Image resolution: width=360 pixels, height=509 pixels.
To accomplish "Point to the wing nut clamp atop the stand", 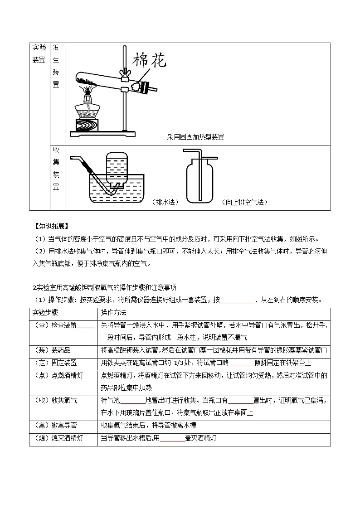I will pyautogui.click(x=122, y=72).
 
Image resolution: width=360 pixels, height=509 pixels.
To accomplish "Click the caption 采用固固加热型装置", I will pyautogui.click(x=195, y=137).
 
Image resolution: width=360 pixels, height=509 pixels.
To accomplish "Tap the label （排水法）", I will pyautogui.click(x=165, y=202).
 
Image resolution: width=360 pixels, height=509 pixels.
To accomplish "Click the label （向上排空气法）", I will pyautogui.click(x=244, y=202).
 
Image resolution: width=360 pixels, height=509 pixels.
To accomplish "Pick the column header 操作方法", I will pyautogui.click(x=114, y=313).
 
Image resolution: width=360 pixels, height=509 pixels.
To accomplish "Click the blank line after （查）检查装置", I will pyautogui.click(x=86, y=325).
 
